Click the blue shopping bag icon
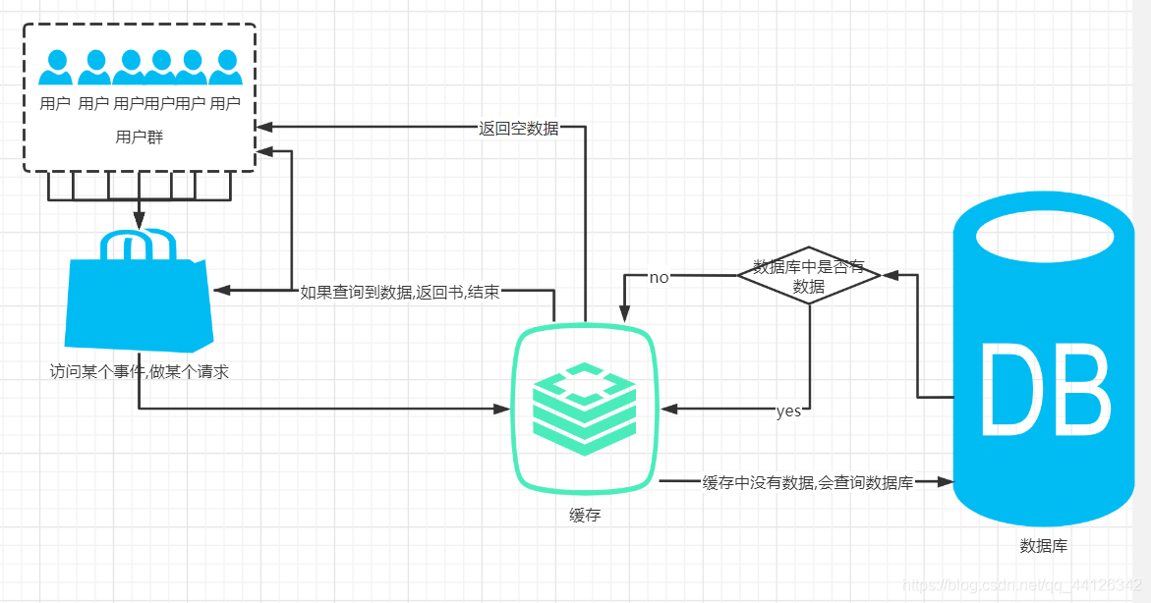[139, 295]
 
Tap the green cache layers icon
[584, 408]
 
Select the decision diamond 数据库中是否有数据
[809, 275]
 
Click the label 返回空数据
[518, 128]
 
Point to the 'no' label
[659, 277]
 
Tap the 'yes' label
[788, 411]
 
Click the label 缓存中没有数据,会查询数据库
[808, 482]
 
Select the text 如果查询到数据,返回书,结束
[399, 292]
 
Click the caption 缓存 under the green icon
[584, 515]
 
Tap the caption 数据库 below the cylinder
[1043, 546]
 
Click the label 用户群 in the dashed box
[139, 137]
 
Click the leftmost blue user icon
[56, 69]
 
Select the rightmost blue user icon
[225, 69]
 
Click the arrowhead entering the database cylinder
[947, 482]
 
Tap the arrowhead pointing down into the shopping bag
[139, 218]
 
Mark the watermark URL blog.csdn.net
[1021, 585]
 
